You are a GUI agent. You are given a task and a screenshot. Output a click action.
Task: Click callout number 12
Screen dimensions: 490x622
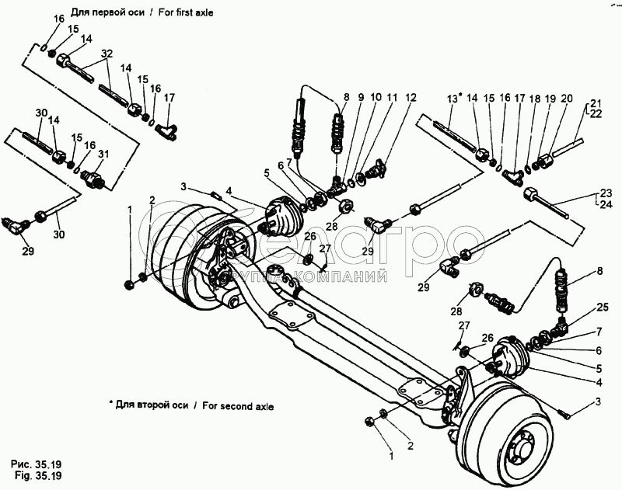(x=410, y=98)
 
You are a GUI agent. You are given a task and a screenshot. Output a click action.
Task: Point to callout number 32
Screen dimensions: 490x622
(x=107, y=53)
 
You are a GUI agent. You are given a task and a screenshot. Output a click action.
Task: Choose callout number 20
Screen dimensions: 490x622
(x=566, y=98)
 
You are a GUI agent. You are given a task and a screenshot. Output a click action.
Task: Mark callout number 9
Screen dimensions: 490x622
(x=360, y=98)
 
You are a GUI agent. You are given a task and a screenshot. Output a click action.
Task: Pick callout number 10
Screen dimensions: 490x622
(x=376, y=98)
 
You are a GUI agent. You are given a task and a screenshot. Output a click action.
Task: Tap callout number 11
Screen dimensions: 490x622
(x=392, y=98)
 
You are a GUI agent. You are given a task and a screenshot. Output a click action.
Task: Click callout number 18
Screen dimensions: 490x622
(x=534, y=98)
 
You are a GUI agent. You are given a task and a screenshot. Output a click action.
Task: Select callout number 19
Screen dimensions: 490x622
(x=549, y=98)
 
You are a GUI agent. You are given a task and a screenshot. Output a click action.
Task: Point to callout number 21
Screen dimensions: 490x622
(x=596, y=103)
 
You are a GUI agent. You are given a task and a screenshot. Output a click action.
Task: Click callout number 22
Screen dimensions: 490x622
(x=596, y=114)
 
